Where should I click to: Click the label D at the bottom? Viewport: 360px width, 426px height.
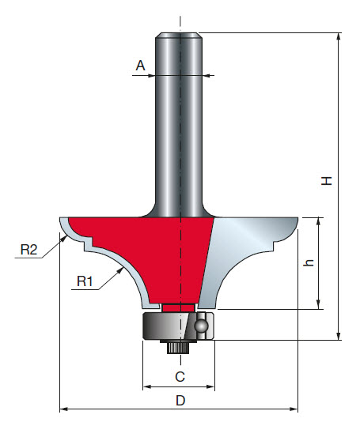180,400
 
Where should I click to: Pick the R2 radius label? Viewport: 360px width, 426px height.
29,251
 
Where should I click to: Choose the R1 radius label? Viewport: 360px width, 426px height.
85,280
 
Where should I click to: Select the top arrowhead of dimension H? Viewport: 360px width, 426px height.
339,37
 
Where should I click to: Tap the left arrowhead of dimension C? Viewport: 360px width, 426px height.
146,387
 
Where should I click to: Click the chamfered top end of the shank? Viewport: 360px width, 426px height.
180,36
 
